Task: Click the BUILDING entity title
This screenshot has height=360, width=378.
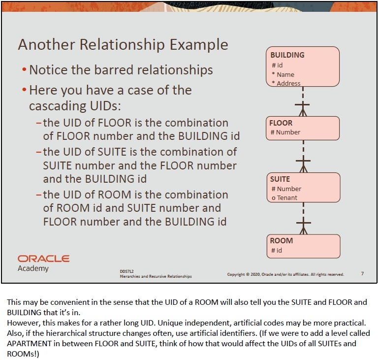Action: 287,55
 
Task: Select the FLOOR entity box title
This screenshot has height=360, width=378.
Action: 281,123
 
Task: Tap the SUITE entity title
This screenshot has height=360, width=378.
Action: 280,179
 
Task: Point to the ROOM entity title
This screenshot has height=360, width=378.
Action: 282,241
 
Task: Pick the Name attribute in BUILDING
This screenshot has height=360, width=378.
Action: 285,74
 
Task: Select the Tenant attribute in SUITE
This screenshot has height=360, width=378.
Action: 287,198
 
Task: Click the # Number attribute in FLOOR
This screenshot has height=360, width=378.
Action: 285,132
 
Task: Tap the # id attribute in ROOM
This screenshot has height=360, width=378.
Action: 277,250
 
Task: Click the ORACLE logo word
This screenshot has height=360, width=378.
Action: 43,259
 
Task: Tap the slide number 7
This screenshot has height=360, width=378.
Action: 362,274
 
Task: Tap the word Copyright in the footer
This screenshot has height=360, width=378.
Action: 238,274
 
